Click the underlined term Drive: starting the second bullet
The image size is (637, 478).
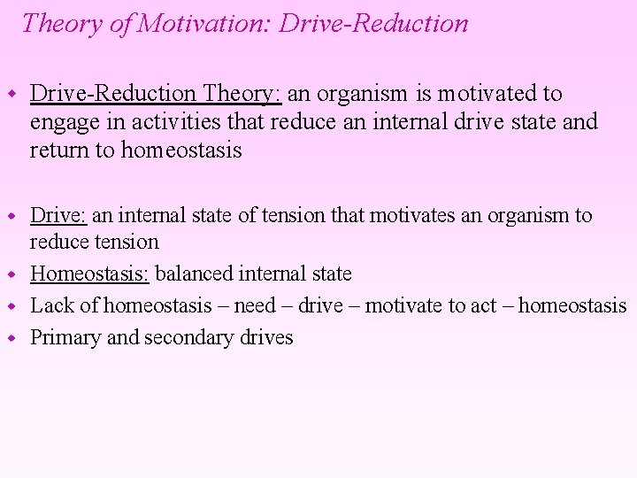pyautogui.click(x=58, y=215)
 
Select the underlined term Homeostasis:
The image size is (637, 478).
pyautogui.click(x=90, y=274)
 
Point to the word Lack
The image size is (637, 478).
pyautogui.click(x=50, y=306)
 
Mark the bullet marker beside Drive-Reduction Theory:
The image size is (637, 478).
pyautogui.click(x=12, y=94)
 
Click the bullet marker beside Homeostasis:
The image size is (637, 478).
pyautogui.click(x=12, y=274)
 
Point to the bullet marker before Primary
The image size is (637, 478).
pyautogui.click(x=12, y=338)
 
